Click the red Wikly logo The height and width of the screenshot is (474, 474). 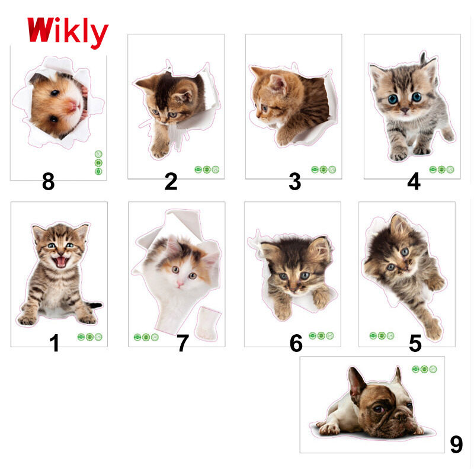click(68, 32)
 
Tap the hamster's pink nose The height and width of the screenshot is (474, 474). click(73, 105)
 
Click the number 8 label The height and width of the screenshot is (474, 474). click(49, 182)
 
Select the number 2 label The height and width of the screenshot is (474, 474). click(171, 181)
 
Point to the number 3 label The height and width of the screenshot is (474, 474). click(294, 181)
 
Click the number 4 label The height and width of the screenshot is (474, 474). click(414, 181)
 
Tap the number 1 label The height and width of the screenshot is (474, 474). click(55, 343)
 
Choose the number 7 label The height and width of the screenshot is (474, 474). click(183, 343)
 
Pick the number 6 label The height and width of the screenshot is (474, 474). click(296, 343)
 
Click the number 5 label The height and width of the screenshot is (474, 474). click(415, 344)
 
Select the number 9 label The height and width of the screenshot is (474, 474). click(456, 444)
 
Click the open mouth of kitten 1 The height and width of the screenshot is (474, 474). click(61, 262)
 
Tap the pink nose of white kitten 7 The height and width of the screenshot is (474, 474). click(180, 283)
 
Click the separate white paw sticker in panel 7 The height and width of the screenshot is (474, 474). click(208, 324)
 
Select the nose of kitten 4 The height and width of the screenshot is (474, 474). click(404, 110)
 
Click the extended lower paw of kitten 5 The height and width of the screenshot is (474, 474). click(434, 329)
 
